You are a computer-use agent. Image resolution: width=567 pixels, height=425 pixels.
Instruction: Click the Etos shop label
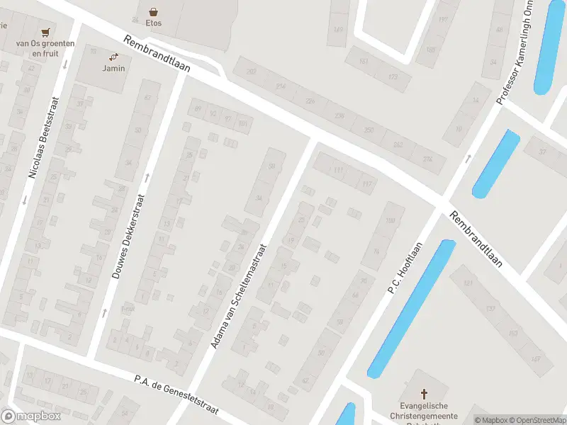point(154,23)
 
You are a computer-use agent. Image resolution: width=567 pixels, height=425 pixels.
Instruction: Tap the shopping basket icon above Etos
point(154,11)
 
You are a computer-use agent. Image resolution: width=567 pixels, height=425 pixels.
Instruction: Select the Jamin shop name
point(113,68)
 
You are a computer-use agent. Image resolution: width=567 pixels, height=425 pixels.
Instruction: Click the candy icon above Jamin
point(113,57)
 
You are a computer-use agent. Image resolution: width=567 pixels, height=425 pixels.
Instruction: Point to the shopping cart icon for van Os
point(46,32)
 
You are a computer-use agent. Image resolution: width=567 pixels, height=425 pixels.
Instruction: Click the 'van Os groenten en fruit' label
point(45,47)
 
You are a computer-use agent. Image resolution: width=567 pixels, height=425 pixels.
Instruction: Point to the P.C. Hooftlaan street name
point(405,268)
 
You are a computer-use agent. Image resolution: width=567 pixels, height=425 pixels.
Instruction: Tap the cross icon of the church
point(425,394)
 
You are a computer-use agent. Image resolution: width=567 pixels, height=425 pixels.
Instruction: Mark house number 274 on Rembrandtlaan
point(427,159)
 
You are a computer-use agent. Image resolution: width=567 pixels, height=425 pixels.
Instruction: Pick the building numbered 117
point(366,185)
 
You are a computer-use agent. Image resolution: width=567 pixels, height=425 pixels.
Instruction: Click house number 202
point(251,72)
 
